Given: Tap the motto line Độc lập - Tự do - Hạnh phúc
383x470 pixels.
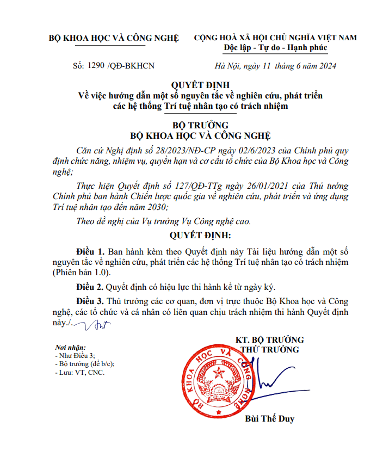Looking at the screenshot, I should (x=275, y=47).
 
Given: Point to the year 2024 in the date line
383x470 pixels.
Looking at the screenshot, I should (x=328, y=66).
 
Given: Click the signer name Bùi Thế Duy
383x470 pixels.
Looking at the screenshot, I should (x=270, y=419).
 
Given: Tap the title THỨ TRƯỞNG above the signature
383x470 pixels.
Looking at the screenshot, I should (x=269, y=350).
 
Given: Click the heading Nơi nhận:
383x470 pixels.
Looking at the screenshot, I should (x=71, y=347).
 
